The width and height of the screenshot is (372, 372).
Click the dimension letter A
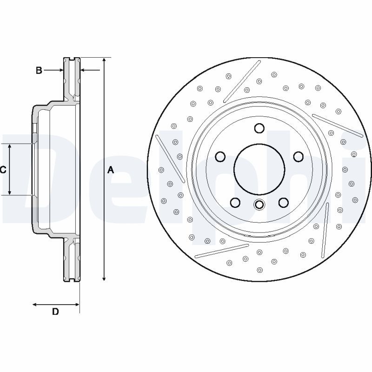coord(111,170)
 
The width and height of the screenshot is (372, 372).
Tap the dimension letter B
coord(39,70)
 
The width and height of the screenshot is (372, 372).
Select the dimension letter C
coord(3,170)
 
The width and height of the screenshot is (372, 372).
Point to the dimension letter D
coord(55,312)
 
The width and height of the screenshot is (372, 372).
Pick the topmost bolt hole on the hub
coord(259,128)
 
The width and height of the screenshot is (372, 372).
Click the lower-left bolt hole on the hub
coord(235,202)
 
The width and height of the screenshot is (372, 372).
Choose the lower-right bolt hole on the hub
coord(283,202)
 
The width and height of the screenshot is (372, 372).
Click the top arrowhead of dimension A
coord(104,61)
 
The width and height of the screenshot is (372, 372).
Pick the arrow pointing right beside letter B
coord(60,70)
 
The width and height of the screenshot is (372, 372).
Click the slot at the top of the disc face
coord(242,81)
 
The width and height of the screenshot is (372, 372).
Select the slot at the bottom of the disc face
coord(222,250)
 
